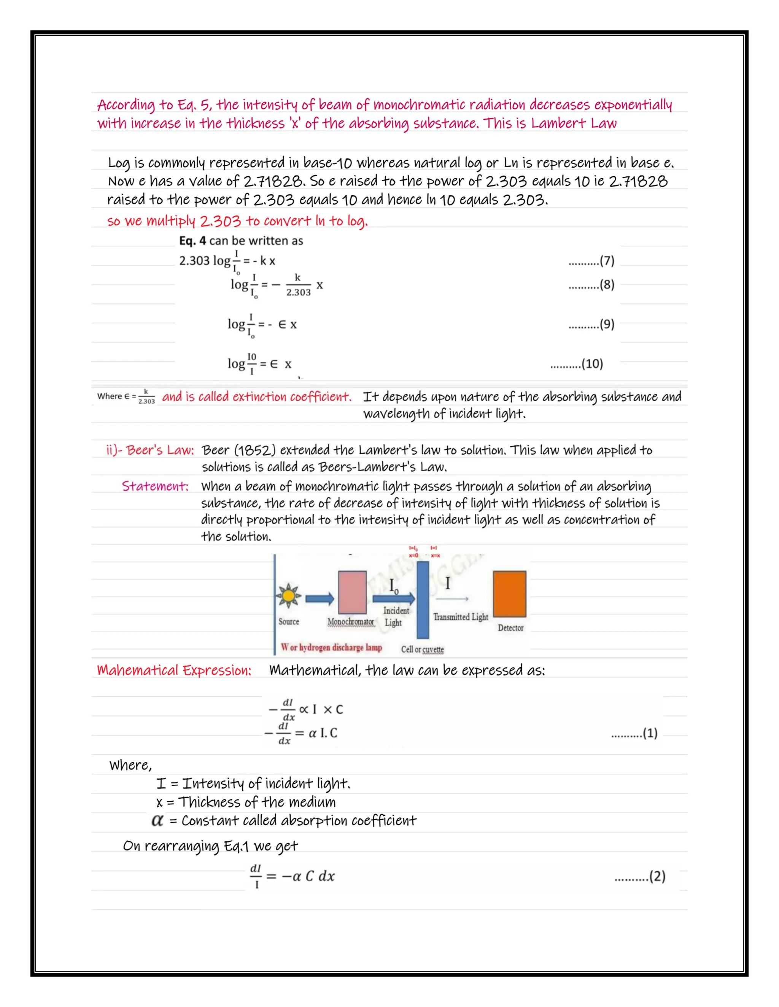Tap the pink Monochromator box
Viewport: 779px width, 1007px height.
point(352,592)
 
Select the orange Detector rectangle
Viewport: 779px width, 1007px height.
point(509,594)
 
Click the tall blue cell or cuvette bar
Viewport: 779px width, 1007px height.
point(423,599)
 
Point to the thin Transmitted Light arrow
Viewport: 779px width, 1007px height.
point(452,599)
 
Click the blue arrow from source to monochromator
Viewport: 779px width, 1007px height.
point(320,598)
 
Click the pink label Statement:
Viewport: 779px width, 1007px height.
point(155,486)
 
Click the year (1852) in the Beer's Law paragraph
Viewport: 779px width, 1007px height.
point(255,450)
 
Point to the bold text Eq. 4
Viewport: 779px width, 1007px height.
point(192,241)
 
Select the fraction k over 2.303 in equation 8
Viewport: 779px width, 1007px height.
point(298,285)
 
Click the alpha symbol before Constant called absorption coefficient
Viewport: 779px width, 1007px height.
point(157,820)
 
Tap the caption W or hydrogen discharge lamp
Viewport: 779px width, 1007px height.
point(331,648)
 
